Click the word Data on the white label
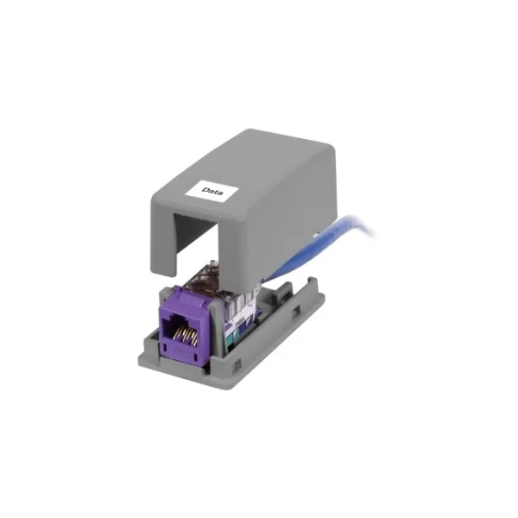pos(212,192)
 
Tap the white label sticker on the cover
pos(212,192)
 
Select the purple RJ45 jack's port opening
pos(180,332)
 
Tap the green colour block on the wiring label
pos(236,340)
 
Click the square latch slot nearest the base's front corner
pos(237,366)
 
